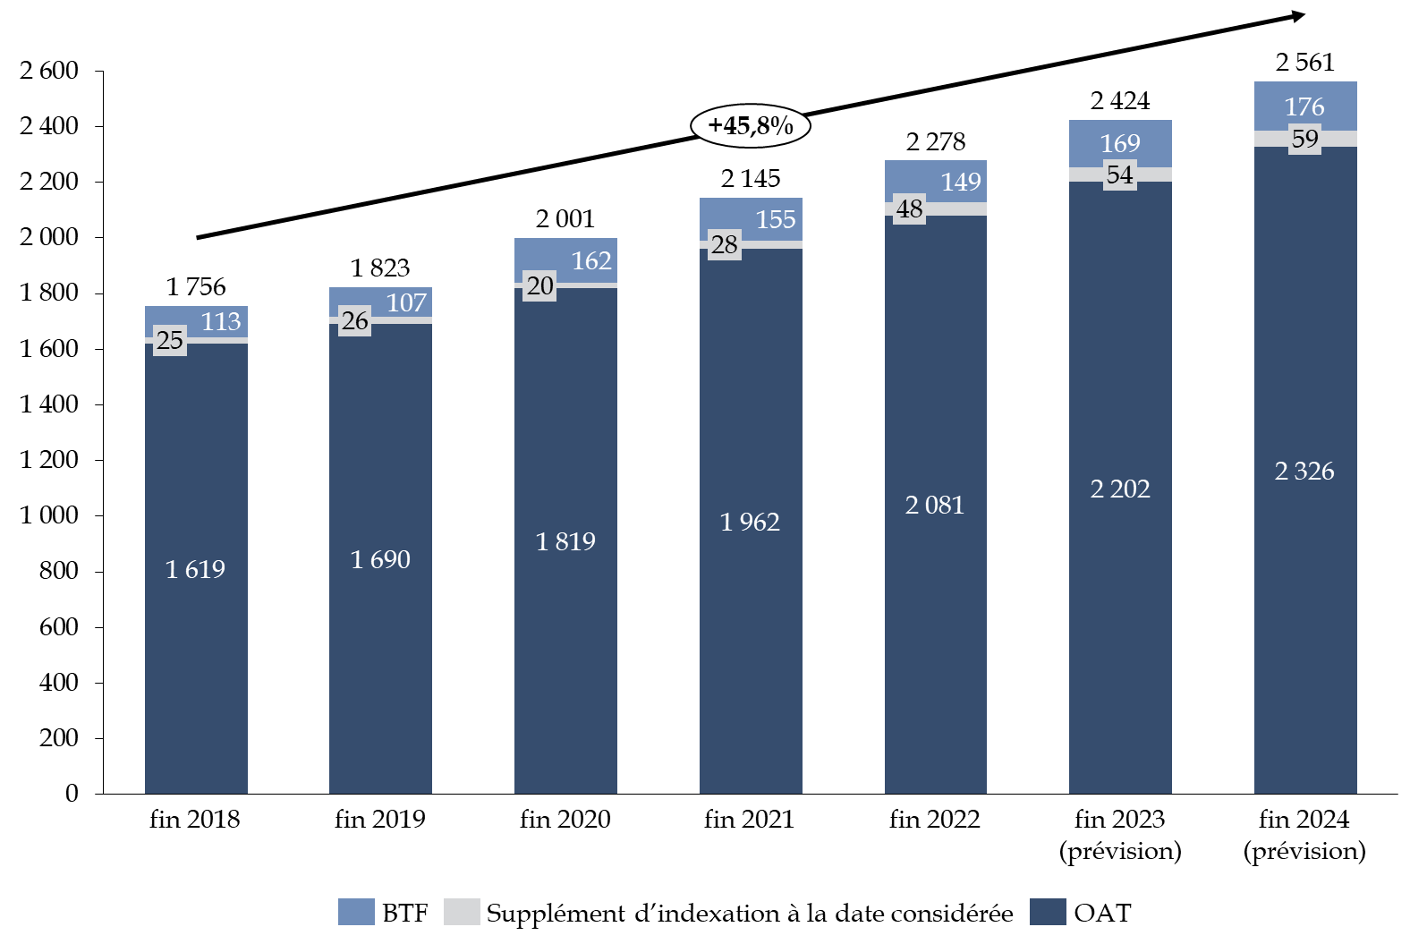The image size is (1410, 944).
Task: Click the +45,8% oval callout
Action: pos(750,126)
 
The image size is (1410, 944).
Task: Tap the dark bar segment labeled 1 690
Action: pos(380,558)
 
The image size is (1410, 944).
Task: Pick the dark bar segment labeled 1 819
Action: pos(565,540)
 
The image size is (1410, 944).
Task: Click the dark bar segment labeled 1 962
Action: pos(751,521)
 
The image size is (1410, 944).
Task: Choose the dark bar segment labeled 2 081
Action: pos(935,505)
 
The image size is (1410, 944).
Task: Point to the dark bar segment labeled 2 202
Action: pos(1120,489)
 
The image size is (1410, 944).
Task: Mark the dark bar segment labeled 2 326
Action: pos(1305,471)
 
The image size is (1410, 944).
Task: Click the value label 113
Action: pos(220,321)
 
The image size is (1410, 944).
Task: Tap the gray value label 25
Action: pos(170,340)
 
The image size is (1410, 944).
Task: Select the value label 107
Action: pos(406,302)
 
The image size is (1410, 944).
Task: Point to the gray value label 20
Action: pos(539,285)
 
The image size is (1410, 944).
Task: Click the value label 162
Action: pos(591,260)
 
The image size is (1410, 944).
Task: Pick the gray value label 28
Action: pos(725,244)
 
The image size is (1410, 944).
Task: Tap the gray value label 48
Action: pos(909,208)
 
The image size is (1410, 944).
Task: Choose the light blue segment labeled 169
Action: pos(1120,143)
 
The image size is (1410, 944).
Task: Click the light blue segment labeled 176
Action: pos(1305,106)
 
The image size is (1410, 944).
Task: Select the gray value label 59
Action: pos(1305,139)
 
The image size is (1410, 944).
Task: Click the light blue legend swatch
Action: pos(356,912)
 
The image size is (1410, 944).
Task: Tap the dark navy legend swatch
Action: pos(1048,912)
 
